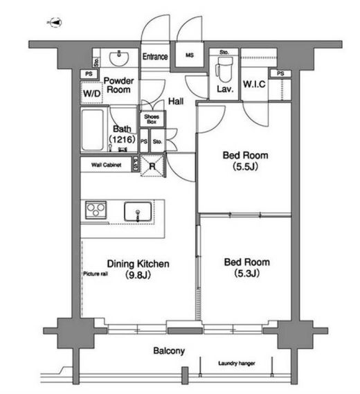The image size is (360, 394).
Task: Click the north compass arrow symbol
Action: tap(56, 23)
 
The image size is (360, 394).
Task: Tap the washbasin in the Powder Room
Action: tap(119, 57)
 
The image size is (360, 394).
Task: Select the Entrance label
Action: tap(155, 57)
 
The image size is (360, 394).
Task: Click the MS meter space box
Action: tap(189, 55)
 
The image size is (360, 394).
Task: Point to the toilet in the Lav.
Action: tap(224, 70)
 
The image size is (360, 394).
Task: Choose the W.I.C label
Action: tap(254, 84)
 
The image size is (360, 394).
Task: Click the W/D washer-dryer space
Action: tap(92, 93)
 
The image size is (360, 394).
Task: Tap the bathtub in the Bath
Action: tap(93, 130)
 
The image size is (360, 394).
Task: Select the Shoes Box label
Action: tap(152, 119)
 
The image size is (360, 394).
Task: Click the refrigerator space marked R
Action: tap(152, 165)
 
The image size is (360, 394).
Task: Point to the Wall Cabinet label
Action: tap(106, 165)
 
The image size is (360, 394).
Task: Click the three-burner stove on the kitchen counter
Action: tap(96, 210)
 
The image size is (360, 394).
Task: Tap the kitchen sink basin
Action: tap(138, 211)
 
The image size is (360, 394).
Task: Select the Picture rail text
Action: tap(96, 274)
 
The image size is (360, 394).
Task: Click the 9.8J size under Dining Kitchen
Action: tap(138, 275)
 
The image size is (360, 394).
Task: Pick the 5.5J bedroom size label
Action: tap(246, 167)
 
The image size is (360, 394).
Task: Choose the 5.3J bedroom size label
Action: tap(246, 273)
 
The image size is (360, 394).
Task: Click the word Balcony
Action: tap(169, 351)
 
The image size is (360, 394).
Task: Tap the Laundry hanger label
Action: tap(236, 364)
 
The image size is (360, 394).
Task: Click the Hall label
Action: tap(176, 101)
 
